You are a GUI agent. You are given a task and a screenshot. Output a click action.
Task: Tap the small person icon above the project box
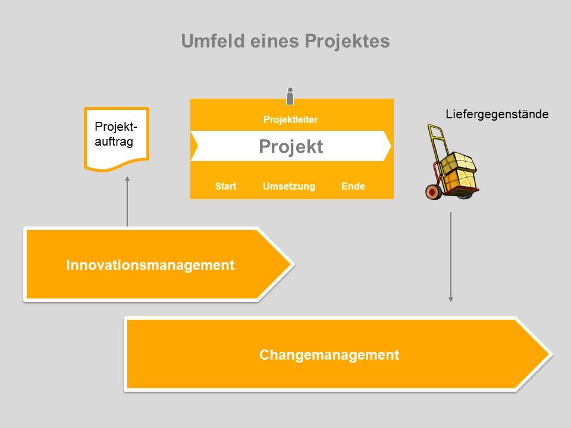290,96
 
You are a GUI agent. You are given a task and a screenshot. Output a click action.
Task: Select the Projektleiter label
290,119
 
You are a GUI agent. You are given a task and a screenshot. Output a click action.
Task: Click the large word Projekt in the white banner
291,146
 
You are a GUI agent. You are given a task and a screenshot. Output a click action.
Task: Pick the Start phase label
225,186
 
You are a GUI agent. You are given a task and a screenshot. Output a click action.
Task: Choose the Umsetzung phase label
288,186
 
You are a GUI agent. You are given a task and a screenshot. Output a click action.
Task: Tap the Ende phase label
353,186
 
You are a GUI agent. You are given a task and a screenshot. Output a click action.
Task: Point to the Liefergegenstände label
497,114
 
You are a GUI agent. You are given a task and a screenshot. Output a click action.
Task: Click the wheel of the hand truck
433,191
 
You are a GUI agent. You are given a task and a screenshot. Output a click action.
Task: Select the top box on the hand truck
459,162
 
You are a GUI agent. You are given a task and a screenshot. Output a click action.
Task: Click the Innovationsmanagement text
150,265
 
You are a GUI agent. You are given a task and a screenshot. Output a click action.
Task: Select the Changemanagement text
329,355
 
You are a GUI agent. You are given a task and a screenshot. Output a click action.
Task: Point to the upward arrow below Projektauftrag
127,202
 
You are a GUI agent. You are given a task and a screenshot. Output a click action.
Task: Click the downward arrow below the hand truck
451,256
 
